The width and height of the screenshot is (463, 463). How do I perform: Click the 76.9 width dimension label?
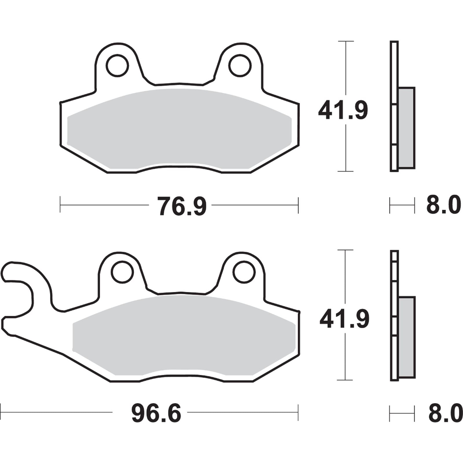tap(182, 206)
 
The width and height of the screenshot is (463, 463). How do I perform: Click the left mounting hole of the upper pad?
tap(117, 65)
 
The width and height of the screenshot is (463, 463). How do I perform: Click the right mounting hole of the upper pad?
tap(240, 65)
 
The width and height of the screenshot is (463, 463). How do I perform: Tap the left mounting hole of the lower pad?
tap(122, 272)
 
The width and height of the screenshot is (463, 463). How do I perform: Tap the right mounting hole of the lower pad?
tap(244, 272)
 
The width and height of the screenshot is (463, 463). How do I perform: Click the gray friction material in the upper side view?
tap(406, 127)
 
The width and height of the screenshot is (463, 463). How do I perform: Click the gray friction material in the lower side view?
tap(407, 337)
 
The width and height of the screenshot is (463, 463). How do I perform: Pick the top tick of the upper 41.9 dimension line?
tap(346, 41)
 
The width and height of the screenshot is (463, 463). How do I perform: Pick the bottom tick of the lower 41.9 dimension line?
tap(345, 380)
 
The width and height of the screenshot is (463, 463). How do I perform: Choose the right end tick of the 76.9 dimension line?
tap(298, 205)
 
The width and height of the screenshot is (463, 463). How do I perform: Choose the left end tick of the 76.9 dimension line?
tap(60, 205)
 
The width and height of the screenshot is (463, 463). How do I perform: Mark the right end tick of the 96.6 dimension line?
tap(298, 412)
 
